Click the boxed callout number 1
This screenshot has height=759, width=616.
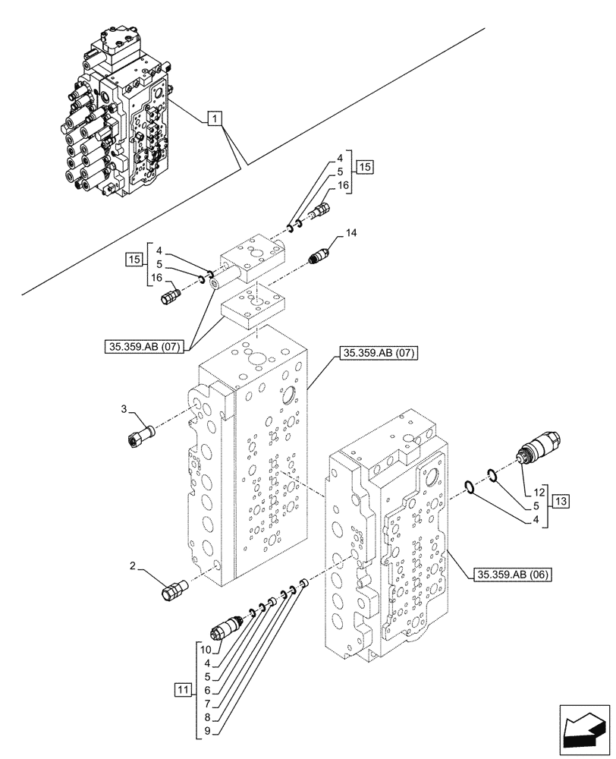tap(215, 118)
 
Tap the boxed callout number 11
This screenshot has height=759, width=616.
tap(182, 690)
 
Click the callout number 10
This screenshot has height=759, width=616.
tap(206, 649)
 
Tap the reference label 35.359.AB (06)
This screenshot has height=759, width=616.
tap(513, 575)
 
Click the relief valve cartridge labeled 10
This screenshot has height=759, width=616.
tap(226, 628)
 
